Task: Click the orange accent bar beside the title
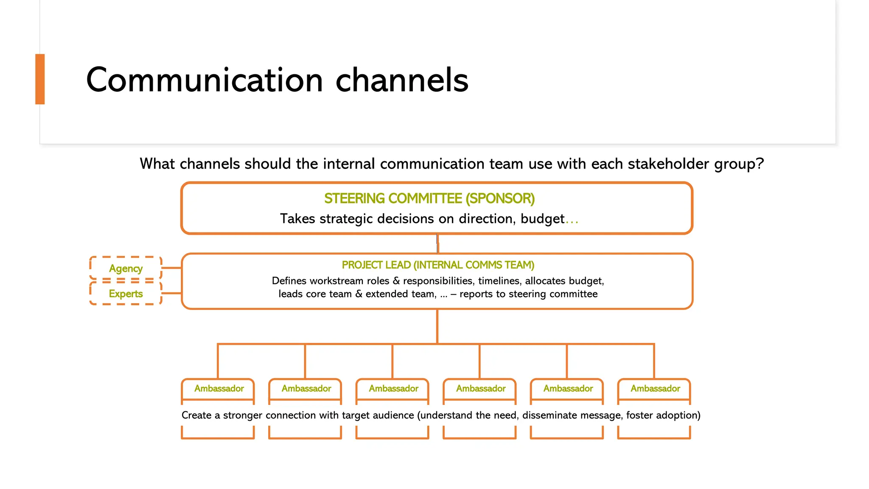pos(40,79)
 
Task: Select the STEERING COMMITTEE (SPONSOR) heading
pos(429,199)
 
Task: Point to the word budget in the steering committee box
pos(542,219)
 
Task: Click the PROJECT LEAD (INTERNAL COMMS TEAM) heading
pos(438,265)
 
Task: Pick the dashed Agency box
pos(126,268)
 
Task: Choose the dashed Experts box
pos(126,293)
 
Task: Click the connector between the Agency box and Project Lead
pos(171,268)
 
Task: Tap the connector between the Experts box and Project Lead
pos(171,293)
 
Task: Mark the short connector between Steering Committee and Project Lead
pos(437,244)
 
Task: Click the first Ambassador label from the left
pos(219,388)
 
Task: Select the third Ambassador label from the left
pos(393,388)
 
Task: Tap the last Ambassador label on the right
pos(655,388)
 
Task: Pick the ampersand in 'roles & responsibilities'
pos(396,281)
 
